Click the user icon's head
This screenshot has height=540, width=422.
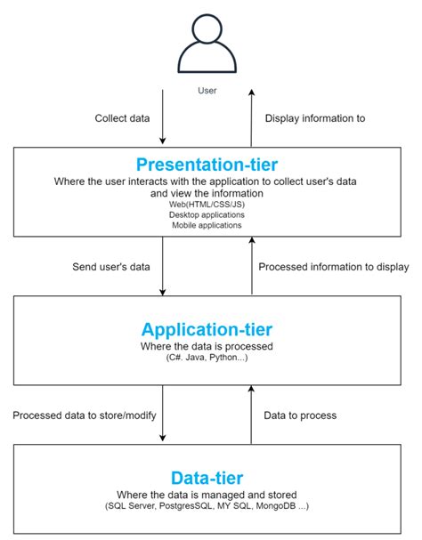tap(207, 28)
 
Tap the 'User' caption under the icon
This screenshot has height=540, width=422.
tap(207, 91)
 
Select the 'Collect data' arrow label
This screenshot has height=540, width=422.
tap(122, 118)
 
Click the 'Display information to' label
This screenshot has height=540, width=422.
tap(315, 118)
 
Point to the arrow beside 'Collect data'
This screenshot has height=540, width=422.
tap(163, 117)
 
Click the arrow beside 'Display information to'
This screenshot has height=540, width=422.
tap(252, 117)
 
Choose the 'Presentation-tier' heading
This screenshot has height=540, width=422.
tap(207, 165)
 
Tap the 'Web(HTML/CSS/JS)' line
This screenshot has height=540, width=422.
tap(207, 205)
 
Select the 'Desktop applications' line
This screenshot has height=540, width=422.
tap(207, 215)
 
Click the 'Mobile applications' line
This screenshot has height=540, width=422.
tap(207, 225)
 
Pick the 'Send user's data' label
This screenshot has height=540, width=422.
tap(111, 267)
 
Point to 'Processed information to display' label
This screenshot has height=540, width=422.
tap(334, 267)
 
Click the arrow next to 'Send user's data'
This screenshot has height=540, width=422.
tap(163, 266)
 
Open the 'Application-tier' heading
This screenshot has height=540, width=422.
tap(207, 329)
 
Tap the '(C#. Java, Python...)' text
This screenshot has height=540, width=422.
tap(207, 358)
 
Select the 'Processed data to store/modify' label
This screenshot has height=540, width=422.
tap(85, 415)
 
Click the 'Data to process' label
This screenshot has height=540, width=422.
tap(300, 415)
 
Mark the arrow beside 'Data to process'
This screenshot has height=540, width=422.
tap(252, 415)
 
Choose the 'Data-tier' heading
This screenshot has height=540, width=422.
tap(207, 478)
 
